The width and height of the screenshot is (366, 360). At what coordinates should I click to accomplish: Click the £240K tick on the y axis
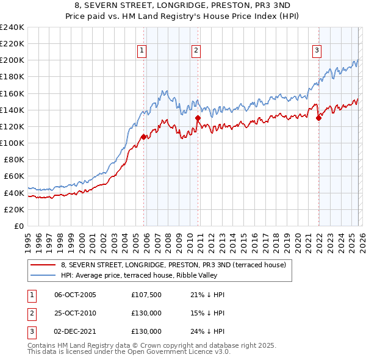coord(12,27)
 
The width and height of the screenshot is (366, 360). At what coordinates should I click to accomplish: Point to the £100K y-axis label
coord(12,143)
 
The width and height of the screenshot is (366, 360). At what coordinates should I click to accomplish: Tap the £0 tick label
coord(18,226)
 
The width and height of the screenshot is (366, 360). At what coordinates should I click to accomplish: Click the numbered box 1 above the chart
coord(142,51)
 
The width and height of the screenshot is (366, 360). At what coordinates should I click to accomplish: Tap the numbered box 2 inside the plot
coord(196,51)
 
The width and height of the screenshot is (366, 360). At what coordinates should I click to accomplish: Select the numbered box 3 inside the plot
coord(317,51)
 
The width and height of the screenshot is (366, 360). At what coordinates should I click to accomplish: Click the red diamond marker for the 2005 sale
coord(144,137)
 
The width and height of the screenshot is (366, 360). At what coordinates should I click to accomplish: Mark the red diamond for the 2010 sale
coord(198,118)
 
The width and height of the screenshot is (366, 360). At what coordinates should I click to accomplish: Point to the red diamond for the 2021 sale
coord(318,118)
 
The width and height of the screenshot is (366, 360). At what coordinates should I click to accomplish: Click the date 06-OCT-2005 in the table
coord(75,295)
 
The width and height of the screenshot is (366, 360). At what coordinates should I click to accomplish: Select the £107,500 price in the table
coord(146,295)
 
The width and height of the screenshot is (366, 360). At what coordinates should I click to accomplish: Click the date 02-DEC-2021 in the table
coord(75,331)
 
